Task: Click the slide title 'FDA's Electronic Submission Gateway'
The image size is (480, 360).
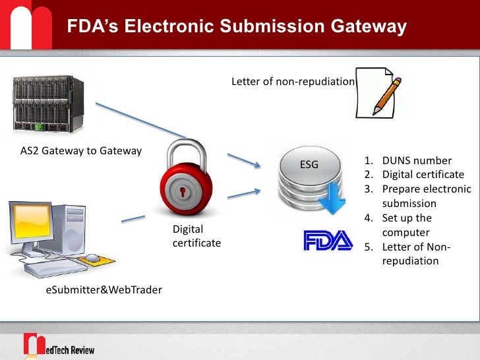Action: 237,27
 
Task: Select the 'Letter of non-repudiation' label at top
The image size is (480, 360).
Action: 293,82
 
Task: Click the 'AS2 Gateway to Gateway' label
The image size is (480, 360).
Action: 81,151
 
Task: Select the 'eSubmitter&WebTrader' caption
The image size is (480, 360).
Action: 104,289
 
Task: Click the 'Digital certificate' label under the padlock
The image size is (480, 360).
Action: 196,236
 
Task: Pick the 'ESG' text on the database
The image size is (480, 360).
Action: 309,164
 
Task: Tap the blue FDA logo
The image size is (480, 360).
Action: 328,240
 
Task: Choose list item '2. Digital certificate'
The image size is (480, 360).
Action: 413,175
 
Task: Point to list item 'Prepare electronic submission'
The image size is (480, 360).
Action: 421,196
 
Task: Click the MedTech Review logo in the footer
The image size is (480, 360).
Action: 59,345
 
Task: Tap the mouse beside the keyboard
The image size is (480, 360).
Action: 93,258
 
